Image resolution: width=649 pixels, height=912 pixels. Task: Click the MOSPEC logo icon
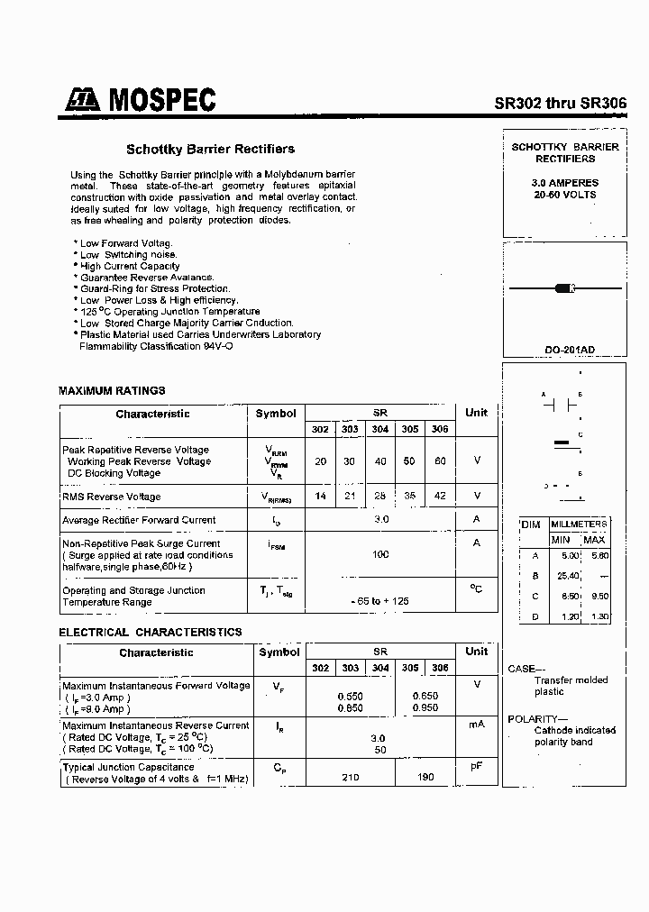tap(82, 102)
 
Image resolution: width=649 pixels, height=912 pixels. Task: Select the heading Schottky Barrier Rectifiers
tap(210, 149)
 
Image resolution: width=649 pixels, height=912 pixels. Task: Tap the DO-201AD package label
tap(564, 350)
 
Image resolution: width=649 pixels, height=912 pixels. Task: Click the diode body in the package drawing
tap(565, 288)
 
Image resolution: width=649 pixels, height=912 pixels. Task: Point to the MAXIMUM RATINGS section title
tap(112, 391)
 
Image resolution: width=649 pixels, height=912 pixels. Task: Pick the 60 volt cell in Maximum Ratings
tap(439, 461)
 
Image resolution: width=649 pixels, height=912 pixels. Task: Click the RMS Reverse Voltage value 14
tap(320, 496)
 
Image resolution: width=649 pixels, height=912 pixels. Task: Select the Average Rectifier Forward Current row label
tap(139, 520)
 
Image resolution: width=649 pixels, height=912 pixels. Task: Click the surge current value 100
tap(380, 554)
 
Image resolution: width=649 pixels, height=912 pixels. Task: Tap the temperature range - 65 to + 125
tap(380, 600)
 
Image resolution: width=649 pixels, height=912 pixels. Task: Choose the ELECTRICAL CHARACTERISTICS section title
tap(151, 633)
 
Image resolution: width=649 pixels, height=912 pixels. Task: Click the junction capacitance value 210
tap(349, 777)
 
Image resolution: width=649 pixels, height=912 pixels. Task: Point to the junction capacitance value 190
tap(425, 777)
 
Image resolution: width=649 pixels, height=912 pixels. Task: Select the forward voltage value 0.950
tap(425, 708)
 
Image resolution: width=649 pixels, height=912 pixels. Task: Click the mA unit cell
tap(476, 725)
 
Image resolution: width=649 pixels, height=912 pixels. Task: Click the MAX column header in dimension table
tap(594, 539)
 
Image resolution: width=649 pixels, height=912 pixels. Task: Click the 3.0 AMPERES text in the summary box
tap(565, 183)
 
